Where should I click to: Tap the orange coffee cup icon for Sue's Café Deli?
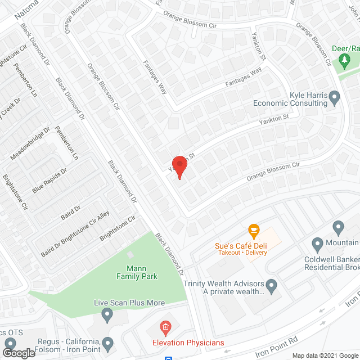(x=254, y=231)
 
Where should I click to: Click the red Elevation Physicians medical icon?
(x=165, y=327)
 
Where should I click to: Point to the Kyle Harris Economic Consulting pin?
(x=335, y=99)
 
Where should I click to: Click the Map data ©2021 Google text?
(x=325, y=355)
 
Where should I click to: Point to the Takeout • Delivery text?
(x=240, y=253)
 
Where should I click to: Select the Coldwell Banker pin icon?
(x=317, y=245)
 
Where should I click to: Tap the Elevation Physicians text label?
(x=188, y=343)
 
